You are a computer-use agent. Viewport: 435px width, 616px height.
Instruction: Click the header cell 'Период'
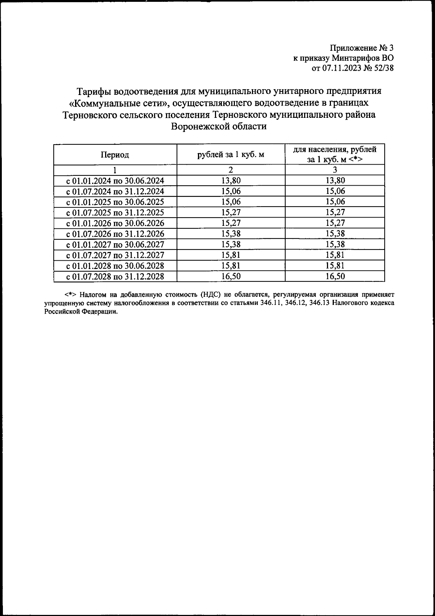[x=115, y=155]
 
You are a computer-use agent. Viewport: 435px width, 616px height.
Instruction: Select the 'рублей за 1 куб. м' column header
[x=231, y=155]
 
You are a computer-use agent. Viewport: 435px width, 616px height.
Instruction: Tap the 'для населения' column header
[x=335, y=154]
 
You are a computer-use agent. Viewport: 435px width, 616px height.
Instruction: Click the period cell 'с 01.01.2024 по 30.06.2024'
[x=115, y=181]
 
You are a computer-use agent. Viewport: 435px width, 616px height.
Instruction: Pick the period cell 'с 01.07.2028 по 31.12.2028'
[x=115, y=277]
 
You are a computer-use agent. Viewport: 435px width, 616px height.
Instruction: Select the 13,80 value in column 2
[x=231, y=181]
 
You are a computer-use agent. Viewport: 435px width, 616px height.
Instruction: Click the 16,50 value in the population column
[x=335, y=277]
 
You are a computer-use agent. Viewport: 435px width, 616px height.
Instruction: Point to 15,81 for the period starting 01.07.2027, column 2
[x=231, y=255]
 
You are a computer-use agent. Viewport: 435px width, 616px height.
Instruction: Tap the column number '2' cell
[x=231, y=170]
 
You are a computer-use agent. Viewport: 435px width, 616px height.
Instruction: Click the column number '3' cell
[x=335, y=170]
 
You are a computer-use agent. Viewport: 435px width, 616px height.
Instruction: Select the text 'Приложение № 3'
[x=361, y=48]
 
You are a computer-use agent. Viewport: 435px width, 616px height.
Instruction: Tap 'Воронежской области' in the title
[x=219, y=126]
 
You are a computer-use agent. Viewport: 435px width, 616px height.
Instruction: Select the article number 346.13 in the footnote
[x=319, y=303]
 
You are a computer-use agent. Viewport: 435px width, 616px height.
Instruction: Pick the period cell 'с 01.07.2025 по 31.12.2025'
[x=115, y=212]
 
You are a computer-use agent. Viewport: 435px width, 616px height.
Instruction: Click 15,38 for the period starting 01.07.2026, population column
[x=335, y=234]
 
